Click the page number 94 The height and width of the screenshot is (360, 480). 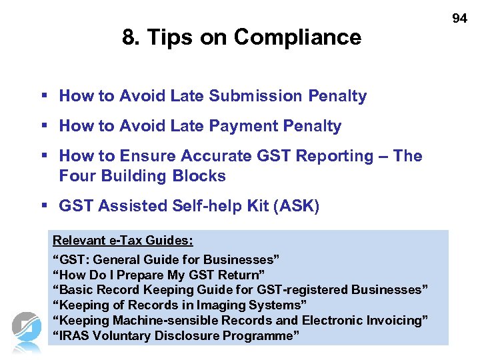click(460, 19)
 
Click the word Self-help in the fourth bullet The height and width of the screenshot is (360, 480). click(197, 206)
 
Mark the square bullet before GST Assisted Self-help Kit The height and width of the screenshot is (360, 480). click(43, 205)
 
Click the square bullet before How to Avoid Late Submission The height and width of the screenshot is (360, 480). click(43, 95)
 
